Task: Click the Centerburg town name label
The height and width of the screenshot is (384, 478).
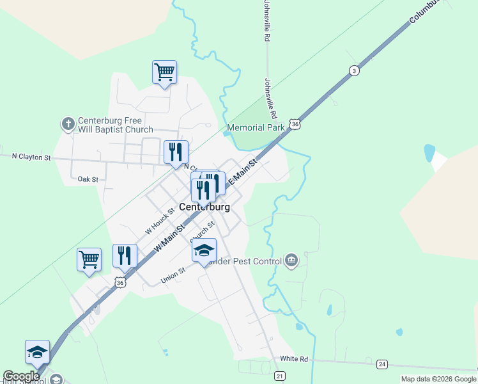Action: [204, 207]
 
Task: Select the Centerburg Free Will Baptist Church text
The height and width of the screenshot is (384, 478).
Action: [115, 125]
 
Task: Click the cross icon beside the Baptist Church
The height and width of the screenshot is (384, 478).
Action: [68, 124]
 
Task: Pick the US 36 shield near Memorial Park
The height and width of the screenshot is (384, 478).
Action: [294, 124]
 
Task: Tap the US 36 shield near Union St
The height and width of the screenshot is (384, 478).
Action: [120, 282]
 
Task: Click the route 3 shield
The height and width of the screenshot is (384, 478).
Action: [353, 71]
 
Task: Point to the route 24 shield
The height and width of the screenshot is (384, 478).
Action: [382, 364]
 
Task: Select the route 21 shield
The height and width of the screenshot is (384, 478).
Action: [280, 376]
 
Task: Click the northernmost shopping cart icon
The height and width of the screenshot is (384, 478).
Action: [164, 72]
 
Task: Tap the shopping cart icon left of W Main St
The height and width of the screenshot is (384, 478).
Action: [89, 260]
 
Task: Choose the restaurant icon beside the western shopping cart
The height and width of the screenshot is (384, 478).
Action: [125, 256]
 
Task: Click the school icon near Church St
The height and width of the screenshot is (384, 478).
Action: [204, 250]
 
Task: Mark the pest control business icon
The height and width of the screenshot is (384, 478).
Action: [291, 260]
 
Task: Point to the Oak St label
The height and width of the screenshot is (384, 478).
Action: [87, 179]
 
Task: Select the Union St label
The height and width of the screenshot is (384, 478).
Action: [173, 276]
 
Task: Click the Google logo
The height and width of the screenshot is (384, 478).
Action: [20, 376]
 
